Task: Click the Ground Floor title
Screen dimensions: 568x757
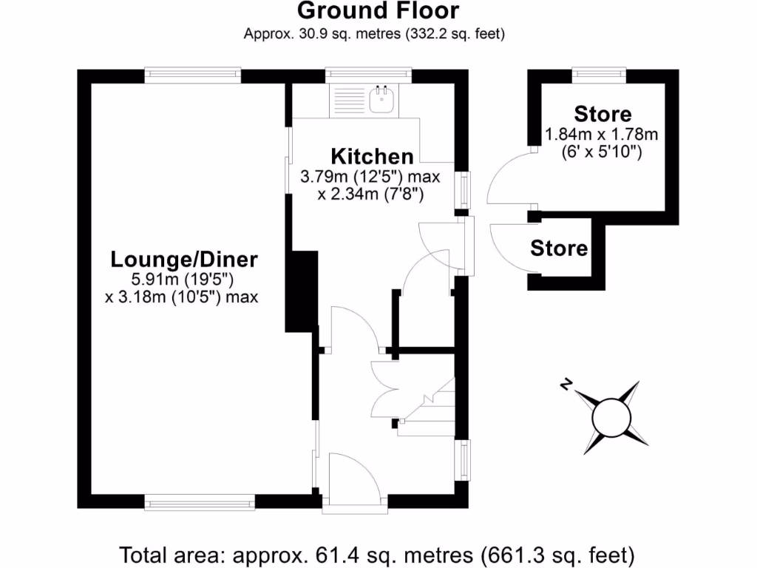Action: click(378, 11)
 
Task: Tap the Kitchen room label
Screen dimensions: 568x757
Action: click(372, 157)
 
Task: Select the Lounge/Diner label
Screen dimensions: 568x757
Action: click(184, 260)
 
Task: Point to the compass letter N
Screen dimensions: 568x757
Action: click(566, 384)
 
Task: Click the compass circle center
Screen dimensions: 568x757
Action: click(611, 416)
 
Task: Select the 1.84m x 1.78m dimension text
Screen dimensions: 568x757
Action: click(601, 135)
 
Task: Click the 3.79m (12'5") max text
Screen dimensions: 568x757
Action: click(370, 177)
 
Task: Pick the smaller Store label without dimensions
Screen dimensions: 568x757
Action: click(559, 248)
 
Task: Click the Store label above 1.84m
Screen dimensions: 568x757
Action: click(602, 114)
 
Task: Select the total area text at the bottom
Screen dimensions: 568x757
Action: click(378, 553)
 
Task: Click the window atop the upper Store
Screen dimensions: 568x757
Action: click(600, 74)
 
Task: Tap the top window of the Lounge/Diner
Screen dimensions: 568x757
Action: click(192, 74)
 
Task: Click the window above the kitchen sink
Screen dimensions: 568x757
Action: click(368, 74)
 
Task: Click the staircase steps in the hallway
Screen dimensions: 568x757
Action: click(429, 410)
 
